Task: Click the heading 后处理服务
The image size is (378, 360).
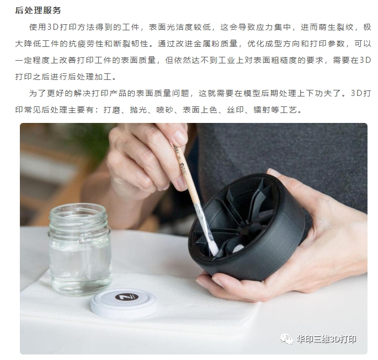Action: tap(38, 9)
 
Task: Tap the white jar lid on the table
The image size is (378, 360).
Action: tap(123, 303)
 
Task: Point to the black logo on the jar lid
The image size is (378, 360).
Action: tap(123, 297)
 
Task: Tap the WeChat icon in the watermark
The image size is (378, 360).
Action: tap(286, 338)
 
